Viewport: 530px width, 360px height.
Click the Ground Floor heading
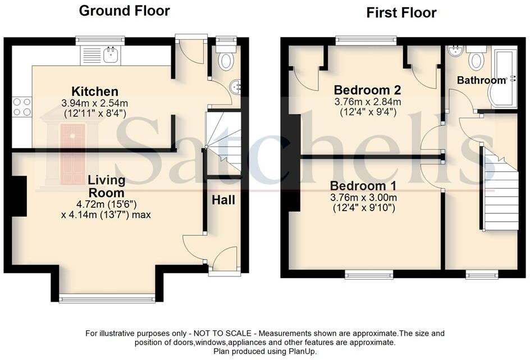coord(124,10)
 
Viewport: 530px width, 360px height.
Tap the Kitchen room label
coord(95,92)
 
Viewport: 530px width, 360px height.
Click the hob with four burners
coord(22,107)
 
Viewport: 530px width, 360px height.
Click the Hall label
coord(223,200)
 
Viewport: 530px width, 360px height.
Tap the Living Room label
coord(107,186)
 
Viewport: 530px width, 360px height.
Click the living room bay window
coord(107,298)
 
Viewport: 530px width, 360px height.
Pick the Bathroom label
coord(481,80)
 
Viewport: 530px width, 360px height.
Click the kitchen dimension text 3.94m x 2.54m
coord(95,103)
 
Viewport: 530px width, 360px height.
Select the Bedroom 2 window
coord(366,40)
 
